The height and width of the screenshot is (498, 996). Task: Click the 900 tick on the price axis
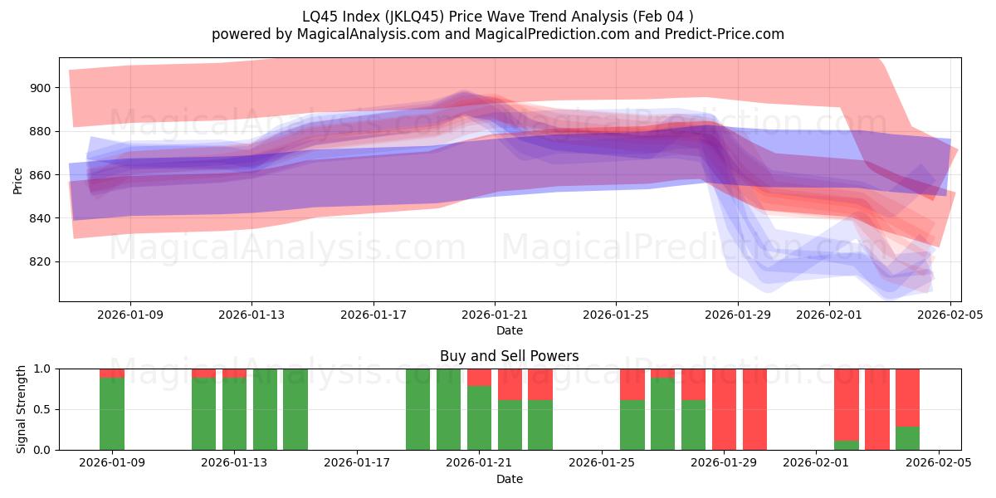41,88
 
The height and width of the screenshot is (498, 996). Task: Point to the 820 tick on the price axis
41,262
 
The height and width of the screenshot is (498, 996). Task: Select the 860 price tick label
41,175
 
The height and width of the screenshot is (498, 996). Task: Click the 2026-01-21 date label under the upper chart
495,315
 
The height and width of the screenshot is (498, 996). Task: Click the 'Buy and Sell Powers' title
509,356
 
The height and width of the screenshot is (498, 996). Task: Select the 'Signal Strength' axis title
22,408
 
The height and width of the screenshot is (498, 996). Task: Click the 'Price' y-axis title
18,179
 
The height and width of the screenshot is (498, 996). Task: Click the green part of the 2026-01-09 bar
112,413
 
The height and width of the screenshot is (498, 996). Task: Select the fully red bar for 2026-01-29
754,409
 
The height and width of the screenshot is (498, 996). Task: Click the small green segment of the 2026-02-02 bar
847,446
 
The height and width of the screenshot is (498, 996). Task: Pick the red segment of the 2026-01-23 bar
540,384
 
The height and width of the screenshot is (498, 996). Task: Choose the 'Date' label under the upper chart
509,330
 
